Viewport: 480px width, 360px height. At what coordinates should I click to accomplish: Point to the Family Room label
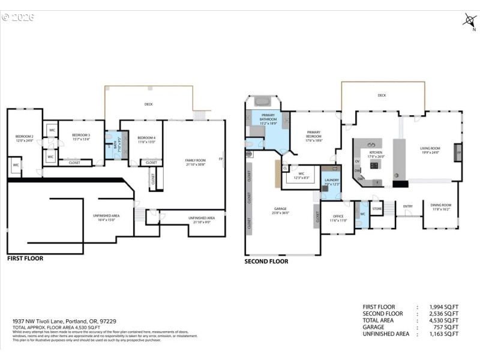[195, 162]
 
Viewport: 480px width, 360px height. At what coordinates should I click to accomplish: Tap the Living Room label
[430, 150]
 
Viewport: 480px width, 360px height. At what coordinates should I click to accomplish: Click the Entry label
[408, 207]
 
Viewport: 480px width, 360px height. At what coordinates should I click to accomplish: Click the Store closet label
[377, 209]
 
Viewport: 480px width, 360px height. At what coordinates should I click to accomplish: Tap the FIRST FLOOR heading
[25, 259]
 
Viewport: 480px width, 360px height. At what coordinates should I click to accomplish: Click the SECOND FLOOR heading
[266, 261]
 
